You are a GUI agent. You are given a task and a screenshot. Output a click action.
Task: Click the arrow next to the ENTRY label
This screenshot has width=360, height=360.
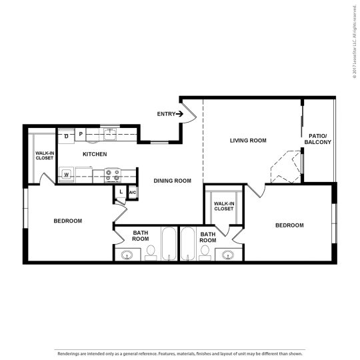pos(179,114)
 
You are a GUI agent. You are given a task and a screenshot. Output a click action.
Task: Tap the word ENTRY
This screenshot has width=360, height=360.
pos(166,114)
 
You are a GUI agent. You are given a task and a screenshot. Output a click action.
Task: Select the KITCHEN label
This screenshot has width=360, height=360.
pos(95,155)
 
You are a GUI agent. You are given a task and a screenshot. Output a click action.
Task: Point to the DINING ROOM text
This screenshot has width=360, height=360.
pos(173,181)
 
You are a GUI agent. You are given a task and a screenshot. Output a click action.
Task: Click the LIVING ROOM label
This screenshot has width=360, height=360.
pos(248,140)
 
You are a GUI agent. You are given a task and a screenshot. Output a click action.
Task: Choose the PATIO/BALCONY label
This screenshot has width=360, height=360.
pos(317,139)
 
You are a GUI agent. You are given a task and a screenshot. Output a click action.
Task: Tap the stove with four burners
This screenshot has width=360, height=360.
pos(112,175)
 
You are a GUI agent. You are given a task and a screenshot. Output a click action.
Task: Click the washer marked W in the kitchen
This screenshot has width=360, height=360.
pos(67,175)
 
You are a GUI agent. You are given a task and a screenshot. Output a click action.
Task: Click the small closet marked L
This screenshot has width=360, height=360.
pos(120,193)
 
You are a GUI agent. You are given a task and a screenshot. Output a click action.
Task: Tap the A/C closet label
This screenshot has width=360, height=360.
pos(132,193)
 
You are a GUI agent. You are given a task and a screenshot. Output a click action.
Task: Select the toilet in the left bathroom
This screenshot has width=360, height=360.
pos(151,252)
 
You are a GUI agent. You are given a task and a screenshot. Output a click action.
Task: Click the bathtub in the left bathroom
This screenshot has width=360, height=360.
pos(169,245)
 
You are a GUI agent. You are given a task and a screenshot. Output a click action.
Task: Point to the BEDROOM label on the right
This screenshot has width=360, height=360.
pos(289,225)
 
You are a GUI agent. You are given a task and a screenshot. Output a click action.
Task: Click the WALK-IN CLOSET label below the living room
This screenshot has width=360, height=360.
pos(224,206)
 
